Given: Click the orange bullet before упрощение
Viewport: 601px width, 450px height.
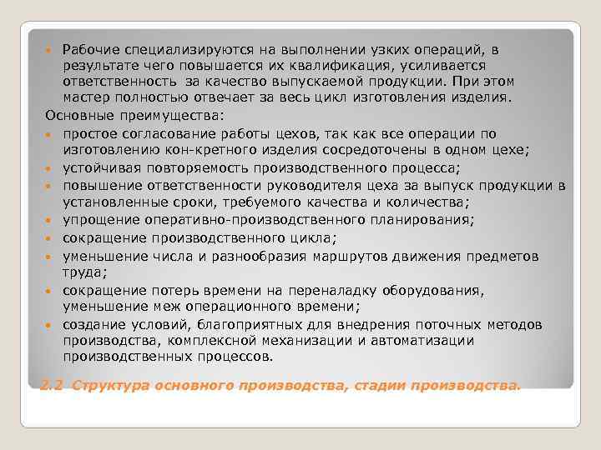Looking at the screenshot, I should click(x=49, y=220).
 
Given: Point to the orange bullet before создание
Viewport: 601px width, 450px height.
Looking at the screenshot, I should click(x=49, y=324).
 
